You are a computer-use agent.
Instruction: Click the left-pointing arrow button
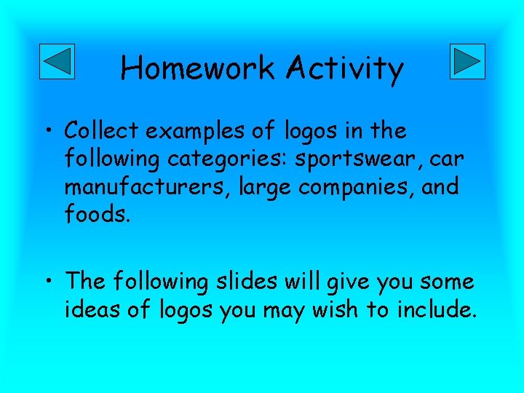tap(56, 61)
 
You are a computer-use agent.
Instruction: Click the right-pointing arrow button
tap(467, 61)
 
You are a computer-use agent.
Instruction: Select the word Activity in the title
tap(345, 69)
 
